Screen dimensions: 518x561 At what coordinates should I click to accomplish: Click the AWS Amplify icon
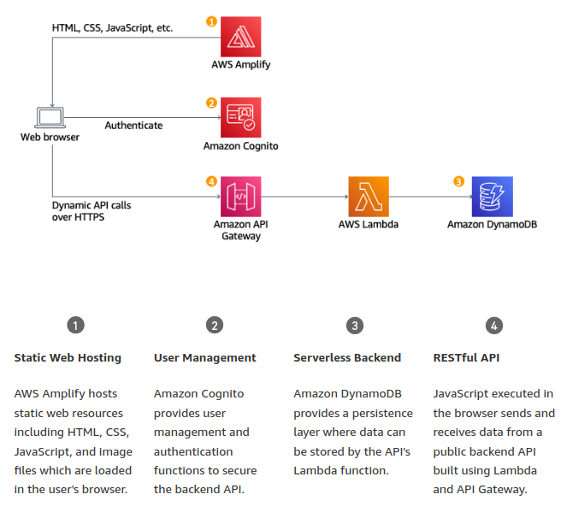[241, 36]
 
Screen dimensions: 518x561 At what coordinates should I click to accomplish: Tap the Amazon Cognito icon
[241, 117]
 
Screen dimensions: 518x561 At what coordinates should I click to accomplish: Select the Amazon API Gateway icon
[241, 197]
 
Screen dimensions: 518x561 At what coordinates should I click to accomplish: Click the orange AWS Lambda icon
[369, 197]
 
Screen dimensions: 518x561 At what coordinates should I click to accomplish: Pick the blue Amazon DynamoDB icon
[493, 197]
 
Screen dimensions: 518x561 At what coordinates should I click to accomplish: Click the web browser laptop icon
[50, 118]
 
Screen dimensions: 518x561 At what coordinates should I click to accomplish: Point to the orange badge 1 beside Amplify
[212, 20]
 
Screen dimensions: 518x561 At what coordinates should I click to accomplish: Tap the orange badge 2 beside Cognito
[212, 103]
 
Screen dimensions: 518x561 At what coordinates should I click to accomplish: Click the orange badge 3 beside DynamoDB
[458, 181]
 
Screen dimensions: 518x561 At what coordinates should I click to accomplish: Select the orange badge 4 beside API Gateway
[212, 181]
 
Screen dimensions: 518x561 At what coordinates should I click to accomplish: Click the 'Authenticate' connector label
[133, 126]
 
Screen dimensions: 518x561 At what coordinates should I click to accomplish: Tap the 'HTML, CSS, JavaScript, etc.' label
[112, 28]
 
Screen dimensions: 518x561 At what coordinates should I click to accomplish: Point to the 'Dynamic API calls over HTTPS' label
[92, 211]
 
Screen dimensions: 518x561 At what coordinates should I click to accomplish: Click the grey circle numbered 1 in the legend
[76, 325]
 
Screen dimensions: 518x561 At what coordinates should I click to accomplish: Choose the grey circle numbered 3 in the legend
[355, 325]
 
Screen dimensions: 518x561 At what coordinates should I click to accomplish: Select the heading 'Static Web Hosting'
[68, 357]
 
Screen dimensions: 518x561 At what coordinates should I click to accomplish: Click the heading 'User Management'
[205, 357]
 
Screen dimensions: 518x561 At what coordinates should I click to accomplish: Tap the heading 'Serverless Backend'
[347, 357]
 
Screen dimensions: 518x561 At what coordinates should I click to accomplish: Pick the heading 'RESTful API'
[467, 357]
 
